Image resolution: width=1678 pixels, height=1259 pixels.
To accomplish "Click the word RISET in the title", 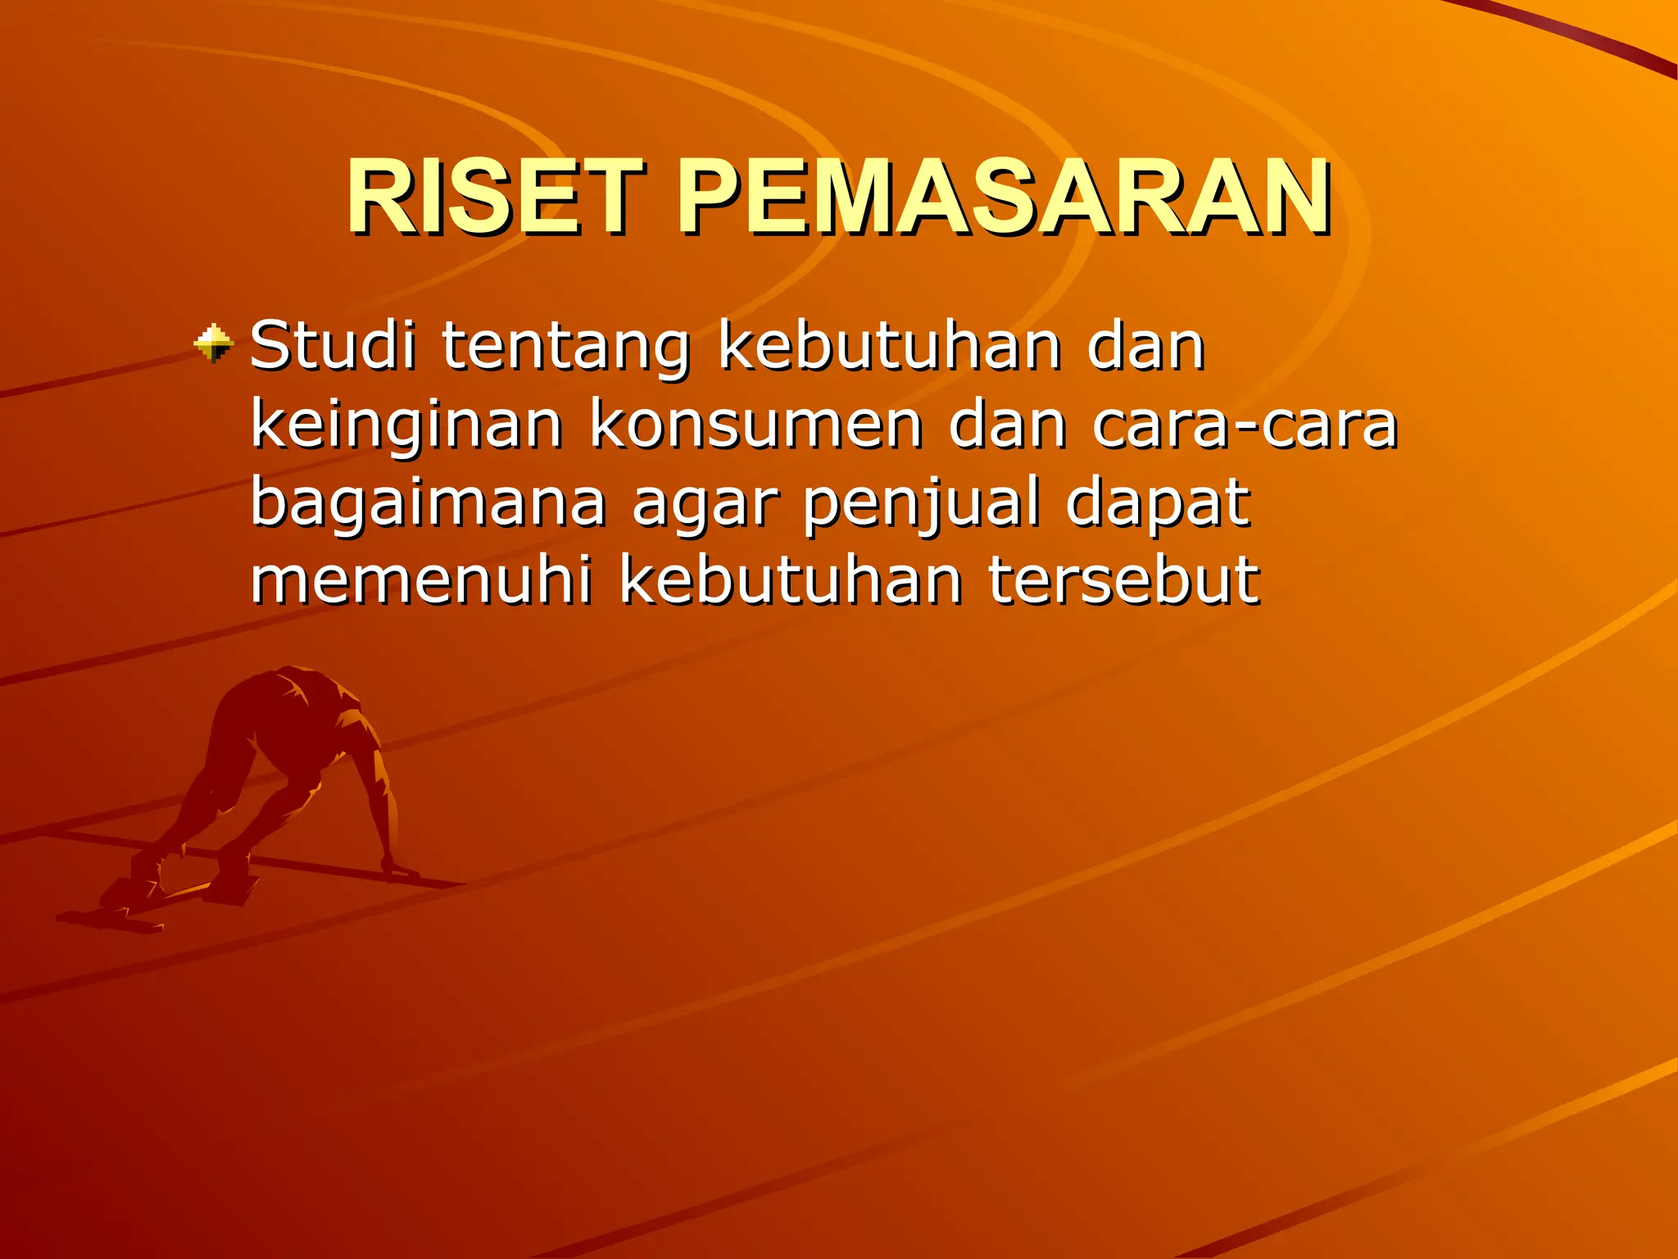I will tap(495, 198).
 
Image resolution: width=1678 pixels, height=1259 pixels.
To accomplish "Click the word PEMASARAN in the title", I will tap(1004, 198).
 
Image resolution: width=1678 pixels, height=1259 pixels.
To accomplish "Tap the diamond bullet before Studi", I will tap(214, 343).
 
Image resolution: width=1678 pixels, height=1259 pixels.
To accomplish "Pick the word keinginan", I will tap(406, 426).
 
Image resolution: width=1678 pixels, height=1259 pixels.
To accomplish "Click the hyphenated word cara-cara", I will tap(1245, 426).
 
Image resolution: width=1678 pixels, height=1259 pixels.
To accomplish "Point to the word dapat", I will tap(1158, 504).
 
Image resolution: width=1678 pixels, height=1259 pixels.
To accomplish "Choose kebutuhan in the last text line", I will tap(791, 580).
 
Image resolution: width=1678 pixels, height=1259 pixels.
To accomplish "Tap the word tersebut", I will tap(1123, 580).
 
